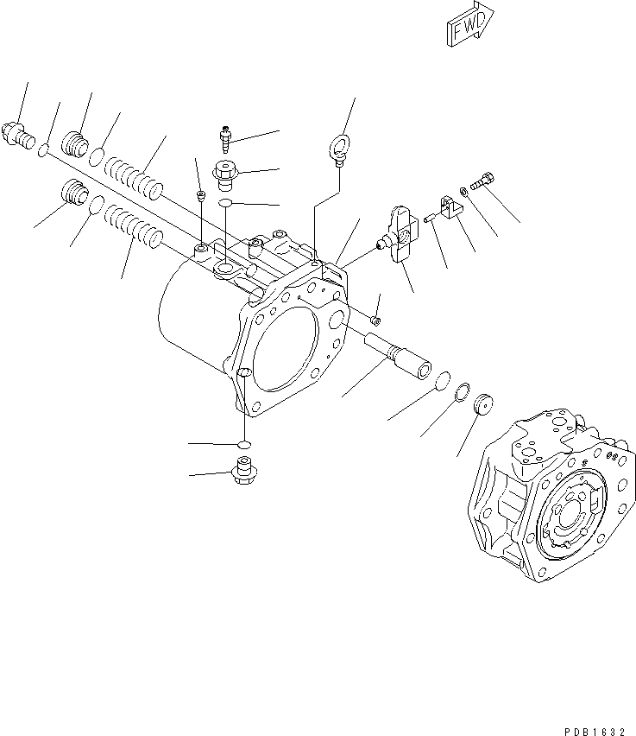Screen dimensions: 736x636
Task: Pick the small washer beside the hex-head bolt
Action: point(465,192)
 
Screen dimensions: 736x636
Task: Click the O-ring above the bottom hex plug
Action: point(244,444)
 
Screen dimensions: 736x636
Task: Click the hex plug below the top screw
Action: point(225,174)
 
